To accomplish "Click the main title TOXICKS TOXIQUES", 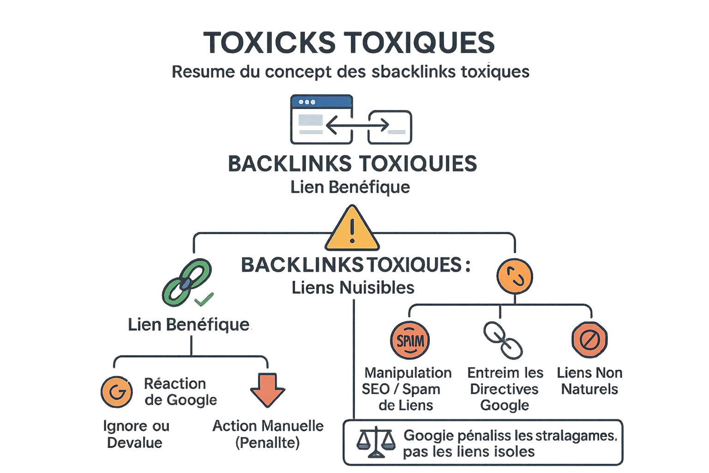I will click(x=349, y=43).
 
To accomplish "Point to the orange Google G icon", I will click(x=116, y=392).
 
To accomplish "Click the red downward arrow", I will click(x=267, y=389).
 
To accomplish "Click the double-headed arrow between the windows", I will click(x=357, y=125).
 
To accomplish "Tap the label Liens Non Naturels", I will click(x=589, y=381).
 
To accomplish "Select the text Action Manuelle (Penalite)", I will click(x=268, y=434).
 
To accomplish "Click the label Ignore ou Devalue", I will click(x=136, y=434).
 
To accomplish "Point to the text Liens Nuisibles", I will click(x=353, y=288).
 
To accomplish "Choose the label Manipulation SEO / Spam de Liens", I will click(x=408, y=389).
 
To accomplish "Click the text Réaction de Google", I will click(x=180, y=392).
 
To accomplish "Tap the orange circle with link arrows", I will click(x=515, y=276).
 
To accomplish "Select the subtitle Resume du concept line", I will click(x=350, y=72).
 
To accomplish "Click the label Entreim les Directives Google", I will click(x=505, y=389).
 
